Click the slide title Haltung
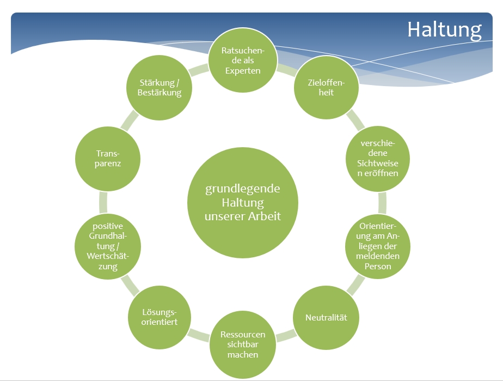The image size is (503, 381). tap(444, 29)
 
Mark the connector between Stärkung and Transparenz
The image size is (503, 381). tap(128, 119)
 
